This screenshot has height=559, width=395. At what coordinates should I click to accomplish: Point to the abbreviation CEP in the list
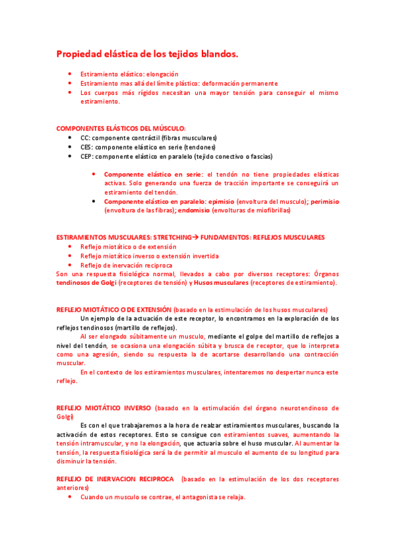tap(87, 157)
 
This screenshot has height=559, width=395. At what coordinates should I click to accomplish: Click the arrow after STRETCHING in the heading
tap(195, 237)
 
